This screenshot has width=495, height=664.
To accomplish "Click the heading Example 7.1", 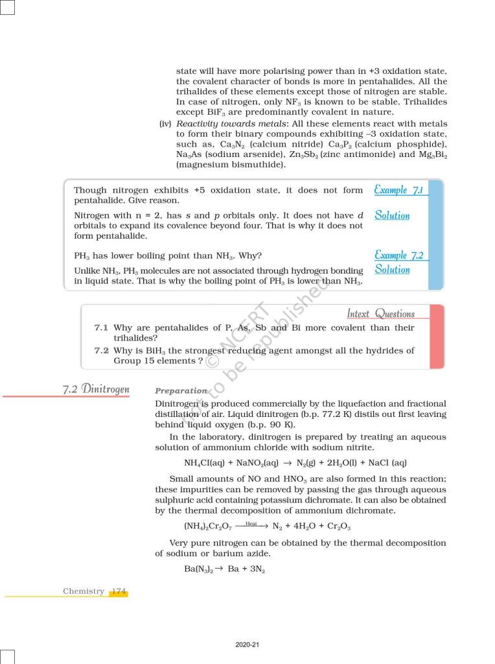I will coord(398,190).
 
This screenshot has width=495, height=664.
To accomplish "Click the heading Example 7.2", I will coord(398,255).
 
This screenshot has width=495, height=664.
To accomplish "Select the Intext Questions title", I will coord(380,314).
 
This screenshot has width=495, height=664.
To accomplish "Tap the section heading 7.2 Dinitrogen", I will coord(96,390).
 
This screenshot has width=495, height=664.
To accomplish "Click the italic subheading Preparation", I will coord(181,391).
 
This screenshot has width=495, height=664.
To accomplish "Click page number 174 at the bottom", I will coord(119,591).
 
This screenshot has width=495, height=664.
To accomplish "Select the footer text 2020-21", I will coord(247,645).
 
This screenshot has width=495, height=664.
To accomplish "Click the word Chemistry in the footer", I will coord(83,591).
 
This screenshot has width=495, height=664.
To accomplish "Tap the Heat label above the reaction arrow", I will coord(251,523).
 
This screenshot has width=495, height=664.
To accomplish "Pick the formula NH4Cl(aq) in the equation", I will coord(209,463).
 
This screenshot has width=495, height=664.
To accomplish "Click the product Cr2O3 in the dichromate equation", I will coord(338,527).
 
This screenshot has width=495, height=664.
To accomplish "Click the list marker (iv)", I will coord(165,124).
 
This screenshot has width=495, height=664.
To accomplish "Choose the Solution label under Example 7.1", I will coord(392,215).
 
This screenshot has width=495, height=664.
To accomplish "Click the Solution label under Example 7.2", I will coord(392,269).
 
